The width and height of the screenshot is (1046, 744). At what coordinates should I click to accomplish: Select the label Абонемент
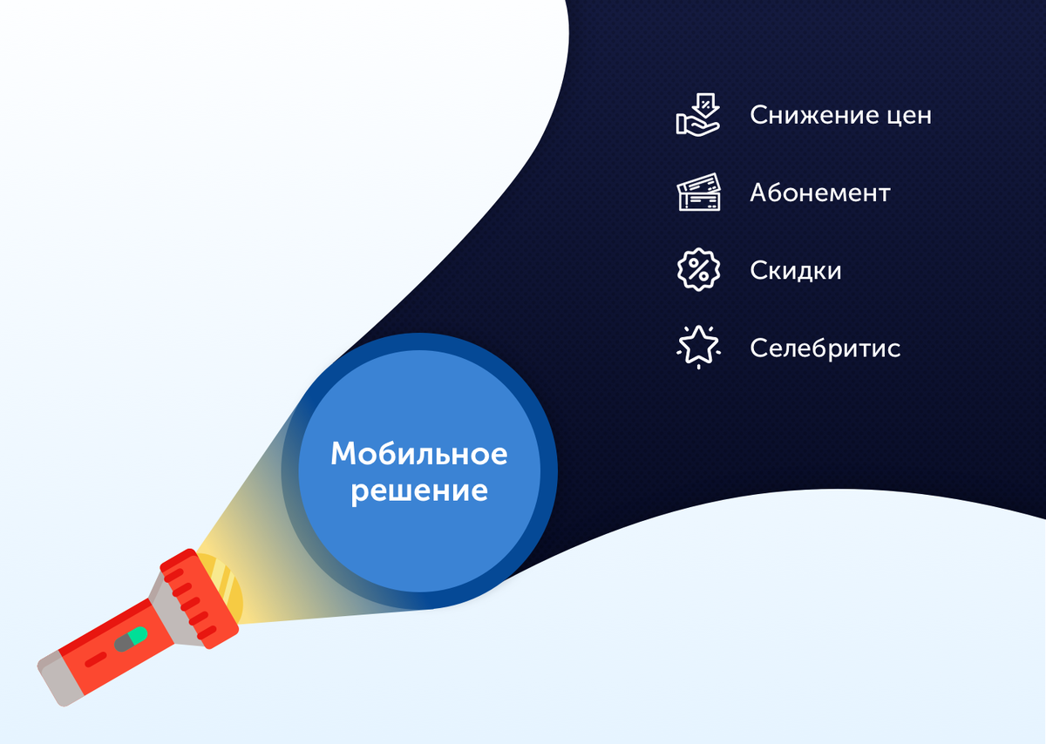819,193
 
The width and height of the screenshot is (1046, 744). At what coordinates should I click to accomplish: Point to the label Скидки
795,270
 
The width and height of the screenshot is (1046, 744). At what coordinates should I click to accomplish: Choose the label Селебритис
825,348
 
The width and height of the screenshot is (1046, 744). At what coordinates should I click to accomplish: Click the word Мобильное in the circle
418,454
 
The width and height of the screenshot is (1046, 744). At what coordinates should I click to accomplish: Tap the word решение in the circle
418,490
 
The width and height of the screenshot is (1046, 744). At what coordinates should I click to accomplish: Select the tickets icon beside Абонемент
700,193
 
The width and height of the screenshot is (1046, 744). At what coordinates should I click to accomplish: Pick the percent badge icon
698,270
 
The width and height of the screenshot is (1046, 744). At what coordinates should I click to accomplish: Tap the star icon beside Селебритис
698,347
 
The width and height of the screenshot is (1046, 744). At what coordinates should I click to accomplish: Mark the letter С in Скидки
757,270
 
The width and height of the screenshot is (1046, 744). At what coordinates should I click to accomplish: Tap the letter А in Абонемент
759,193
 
